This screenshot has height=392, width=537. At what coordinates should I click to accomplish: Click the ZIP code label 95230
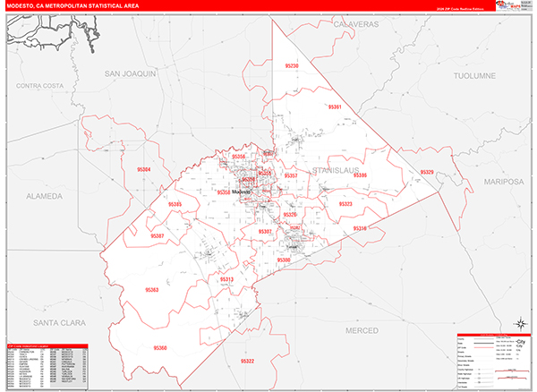tap(292, 67)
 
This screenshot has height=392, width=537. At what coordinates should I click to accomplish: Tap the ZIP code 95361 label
tap(336, 107)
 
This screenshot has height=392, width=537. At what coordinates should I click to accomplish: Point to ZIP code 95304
tap(144, 169)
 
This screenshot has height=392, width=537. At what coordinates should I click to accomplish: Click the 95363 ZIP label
tap(151, 290)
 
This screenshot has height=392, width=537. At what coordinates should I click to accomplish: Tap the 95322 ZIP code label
tap(247, 361)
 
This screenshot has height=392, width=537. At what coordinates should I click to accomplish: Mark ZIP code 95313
tap(226, 279)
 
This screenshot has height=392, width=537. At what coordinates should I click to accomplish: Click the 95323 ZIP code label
tap(345, 204)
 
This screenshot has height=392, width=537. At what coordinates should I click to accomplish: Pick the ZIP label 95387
tap(158, 235)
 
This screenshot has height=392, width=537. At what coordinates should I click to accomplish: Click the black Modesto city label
tap(242, 192)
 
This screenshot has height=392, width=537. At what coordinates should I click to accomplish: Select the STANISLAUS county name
tap(337, 168)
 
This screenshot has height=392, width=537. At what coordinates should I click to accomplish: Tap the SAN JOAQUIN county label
tap(131, 72)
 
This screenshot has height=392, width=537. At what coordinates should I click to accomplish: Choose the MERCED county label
tap(362, 330)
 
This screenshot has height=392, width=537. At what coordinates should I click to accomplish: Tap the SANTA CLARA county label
tap(53, 320)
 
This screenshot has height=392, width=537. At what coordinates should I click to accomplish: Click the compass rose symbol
tap(519, 324)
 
